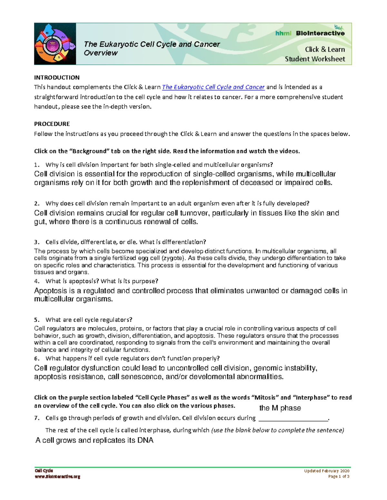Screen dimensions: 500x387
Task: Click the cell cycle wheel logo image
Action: [55, 44]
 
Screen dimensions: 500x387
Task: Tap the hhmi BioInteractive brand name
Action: [310, 33]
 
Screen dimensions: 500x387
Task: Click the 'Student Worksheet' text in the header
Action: [315, 59]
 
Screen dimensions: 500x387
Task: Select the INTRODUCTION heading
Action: [57, 78]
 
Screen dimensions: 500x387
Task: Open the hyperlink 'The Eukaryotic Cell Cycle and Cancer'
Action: [213, 87]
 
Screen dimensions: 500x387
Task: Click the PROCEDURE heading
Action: [52, 124]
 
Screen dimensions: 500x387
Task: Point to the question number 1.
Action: [36, 165]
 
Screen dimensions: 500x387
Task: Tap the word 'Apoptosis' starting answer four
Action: [50, 291]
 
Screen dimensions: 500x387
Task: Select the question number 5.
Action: [36, 320]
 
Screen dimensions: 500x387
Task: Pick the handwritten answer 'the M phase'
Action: [280, 408]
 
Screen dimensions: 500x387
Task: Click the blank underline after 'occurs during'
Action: [293, 419]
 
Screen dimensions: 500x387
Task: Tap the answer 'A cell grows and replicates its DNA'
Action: [94, 440]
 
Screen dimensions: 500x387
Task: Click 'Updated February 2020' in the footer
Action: [326, 471]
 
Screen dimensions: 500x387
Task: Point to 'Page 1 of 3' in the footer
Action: [339, 476]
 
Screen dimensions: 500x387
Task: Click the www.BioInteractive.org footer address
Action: [57, 476]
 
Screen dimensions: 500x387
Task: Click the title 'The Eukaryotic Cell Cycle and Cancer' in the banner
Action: [152, 44]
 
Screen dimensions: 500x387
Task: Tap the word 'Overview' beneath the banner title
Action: [101, 53]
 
